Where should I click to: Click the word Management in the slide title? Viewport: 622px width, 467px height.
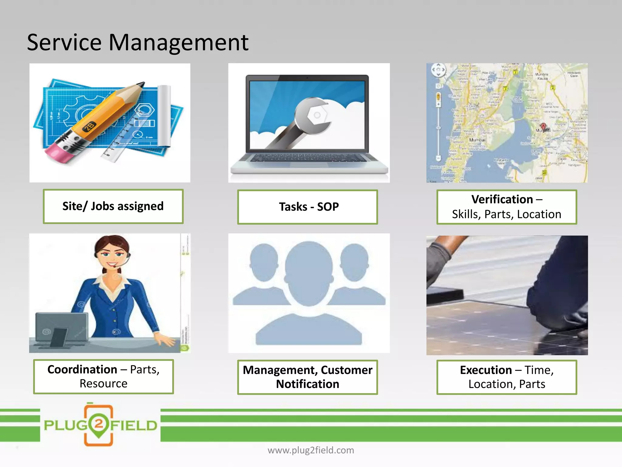[x=178, y=43]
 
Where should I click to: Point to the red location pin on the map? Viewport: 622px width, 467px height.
[x=543, y=126]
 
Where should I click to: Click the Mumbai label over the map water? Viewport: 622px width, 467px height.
[x=477, y=140]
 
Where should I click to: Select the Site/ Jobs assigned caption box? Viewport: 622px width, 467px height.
[x=113, y=206]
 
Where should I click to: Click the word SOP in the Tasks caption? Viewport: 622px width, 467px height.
[x=328, y=207]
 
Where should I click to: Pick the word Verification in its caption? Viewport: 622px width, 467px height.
[x=502, y=199]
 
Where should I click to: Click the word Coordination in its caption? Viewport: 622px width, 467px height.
[x=82, y=369]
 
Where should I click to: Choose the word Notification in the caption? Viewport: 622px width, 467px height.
[x=307, y=384]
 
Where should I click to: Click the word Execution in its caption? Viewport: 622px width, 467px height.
[x=486, y=370]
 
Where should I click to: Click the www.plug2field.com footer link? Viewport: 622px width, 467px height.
[x=311, y=450]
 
